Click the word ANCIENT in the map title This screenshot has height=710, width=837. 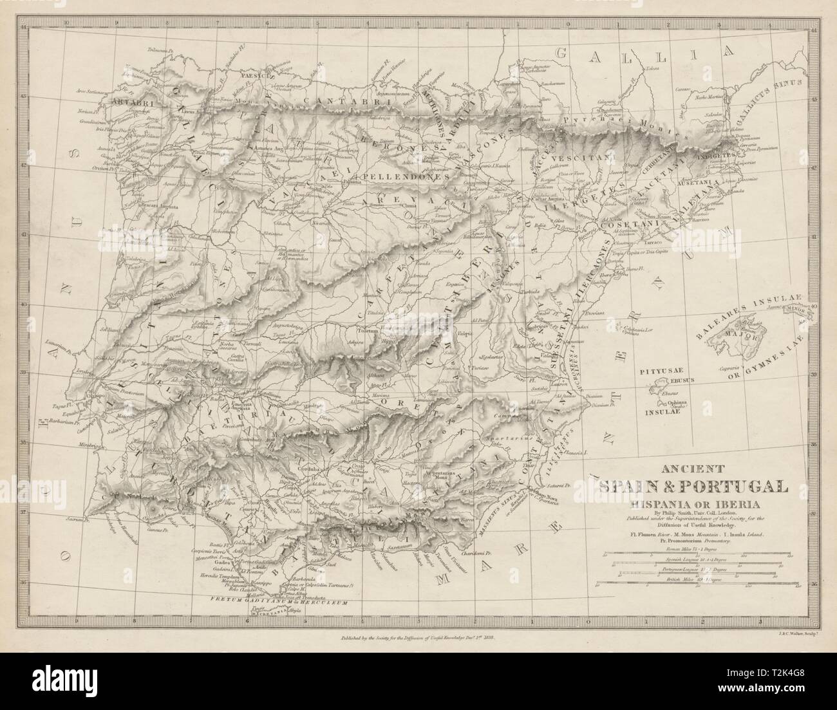point(686,468)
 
